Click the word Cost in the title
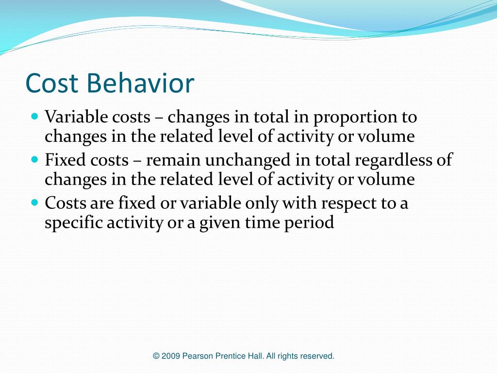point(52,83)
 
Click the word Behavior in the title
point(141,83)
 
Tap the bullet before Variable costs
point(34,117)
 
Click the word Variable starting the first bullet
point(72,117)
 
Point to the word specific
point(73,223)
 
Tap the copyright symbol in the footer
point(156,356)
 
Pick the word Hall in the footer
point(256,356)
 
